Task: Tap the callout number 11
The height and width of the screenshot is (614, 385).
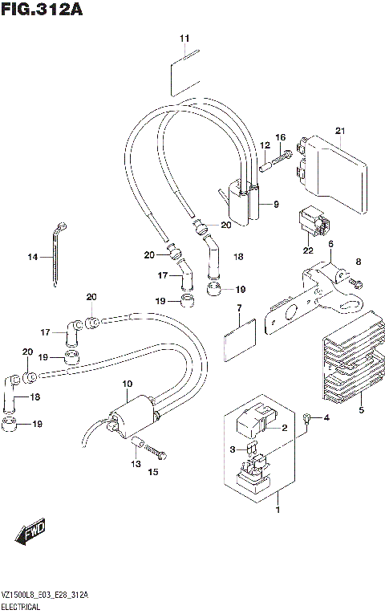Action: (x=185, y=39)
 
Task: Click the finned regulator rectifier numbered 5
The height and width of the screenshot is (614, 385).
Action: (x=345, y=365)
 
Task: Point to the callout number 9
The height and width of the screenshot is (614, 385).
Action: (x=275, y=205)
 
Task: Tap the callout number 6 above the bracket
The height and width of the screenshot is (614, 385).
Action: (x=330, y=244)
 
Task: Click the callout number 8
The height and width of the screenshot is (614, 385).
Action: (x=359, y=262)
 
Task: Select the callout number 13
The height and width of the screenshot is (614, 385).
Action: (x=136, y=465)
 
